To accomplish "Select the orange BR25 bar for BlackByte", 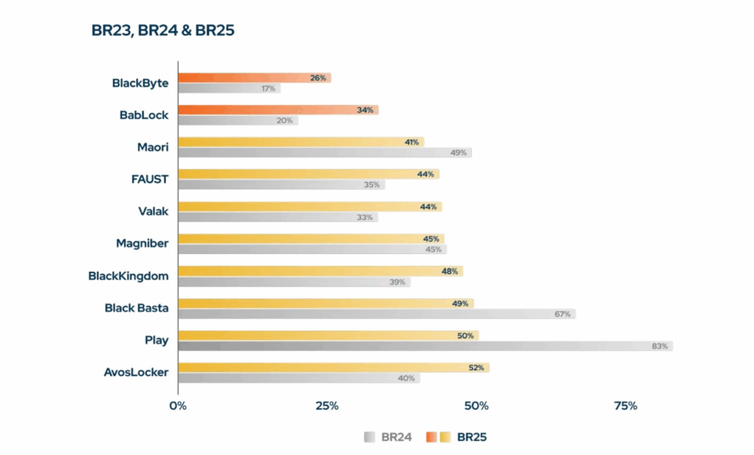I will coord(250,77).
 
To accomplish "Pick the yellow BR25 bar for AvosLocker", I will coord(331,367).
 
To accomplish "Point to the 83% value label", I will coord(659,346).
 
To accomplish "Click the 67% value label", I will coord(563,314).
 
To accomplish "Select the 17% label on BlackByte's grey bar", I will coord(267,88).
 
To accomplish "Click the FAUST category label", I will coord(149,179).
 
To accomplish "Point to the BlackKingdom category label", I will coord(128,275).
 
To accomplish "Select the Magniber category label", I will coord(142,243).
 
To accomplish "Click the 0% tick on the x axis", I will coord(177,406).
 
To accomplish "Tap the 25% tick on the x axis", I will coord(327,406).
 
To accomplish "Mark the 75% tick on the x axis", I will coord(625,406).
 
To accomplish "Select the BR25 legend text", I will coord(472,437).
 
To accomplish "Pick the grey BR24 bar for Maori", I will coord(324,152).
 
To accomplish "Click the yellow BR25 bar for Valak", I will coord(309,207).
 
